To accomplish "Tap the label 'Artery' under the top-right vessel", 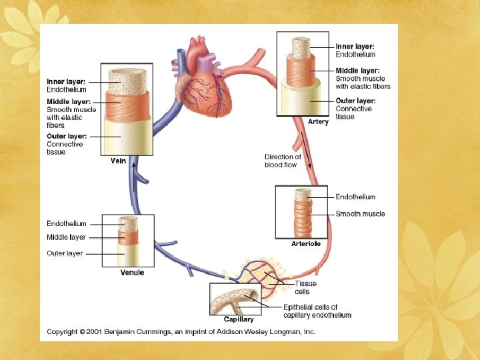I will pos(318,122).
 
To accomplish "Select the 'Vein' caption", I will pos(118,161).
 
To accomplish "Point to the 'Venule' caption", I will pos(131,273).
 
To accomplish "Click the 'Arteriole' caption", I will pos(306,244).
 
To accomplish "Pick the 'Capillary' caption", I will pos(238,320).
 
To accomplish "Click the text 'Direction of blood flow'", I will pos(283,161).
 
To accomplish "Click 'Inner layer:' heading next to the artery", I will pos(355,47).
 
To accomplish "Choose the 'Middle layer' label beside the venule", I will pos(66,237).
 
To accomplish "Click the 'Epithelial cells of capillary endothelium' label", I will pos(317,311).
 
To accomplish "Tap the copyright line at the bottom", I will pos(180,331).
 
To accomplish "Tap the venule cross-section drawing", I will pos(128,241).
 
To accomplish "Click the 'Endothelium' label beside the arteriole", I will pos(355,197).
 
